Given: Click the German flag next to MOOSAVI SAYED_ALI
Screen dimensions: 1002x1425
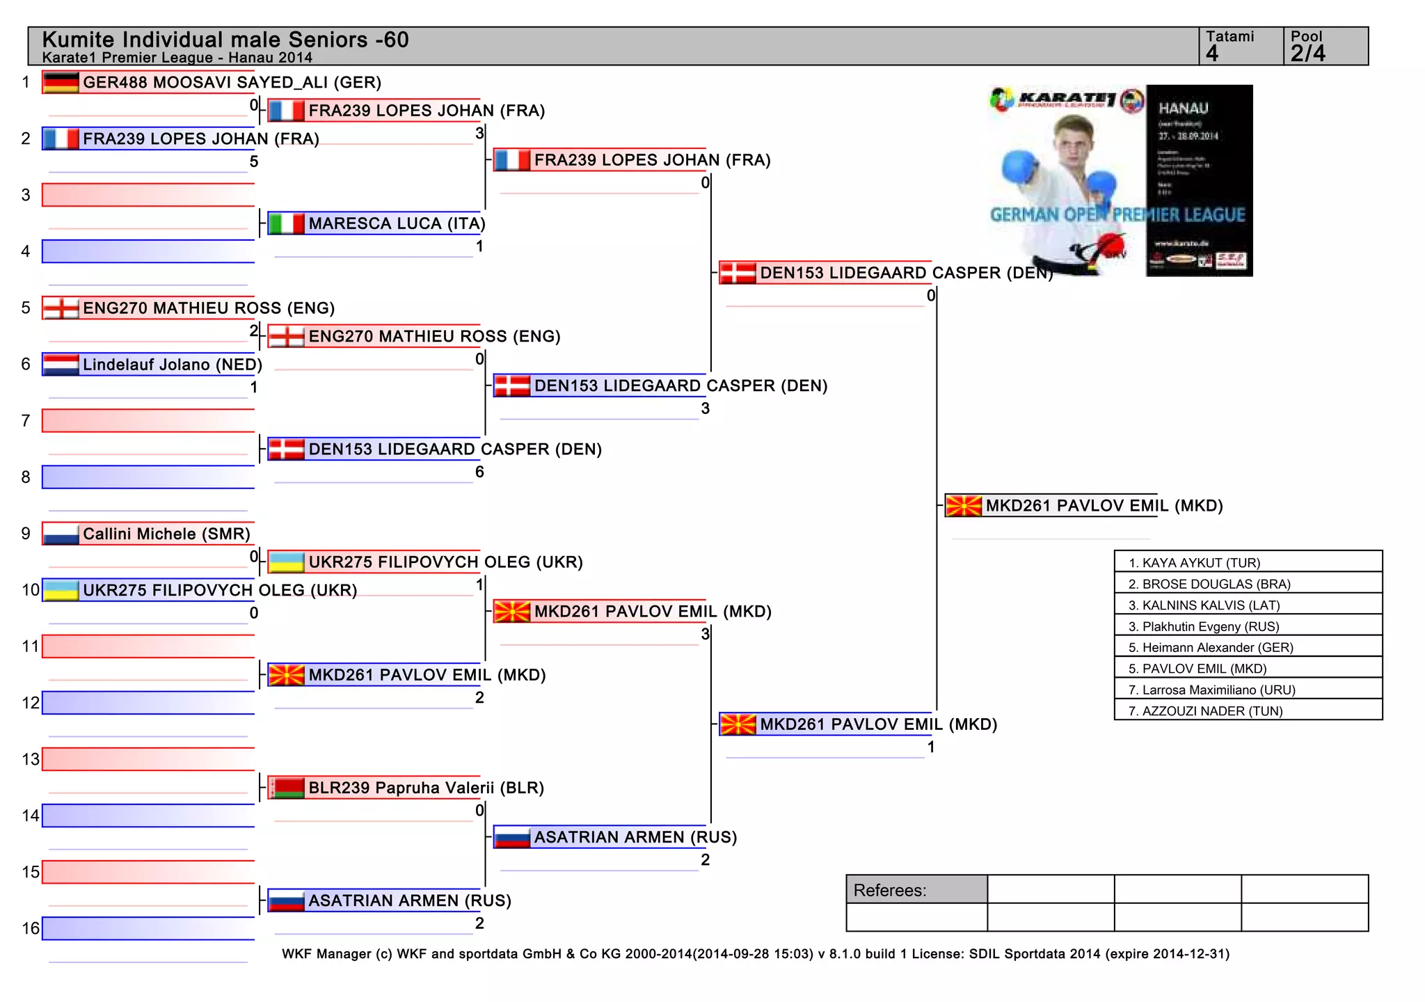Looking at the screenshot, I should tap(61, 82).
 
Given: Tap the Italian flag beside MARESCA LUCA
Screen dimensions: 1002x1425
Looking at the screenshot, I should tap(286, 223).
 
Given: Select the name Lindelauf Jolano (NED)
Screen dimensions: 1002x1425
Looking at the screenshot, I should tap(172, 365).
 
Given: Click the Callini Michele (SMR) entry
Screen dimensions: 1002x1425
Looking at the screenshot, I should tap(166, 534).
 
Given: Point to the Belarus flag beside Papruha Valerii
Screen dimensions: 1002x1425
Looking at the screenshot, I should tap(286, 788).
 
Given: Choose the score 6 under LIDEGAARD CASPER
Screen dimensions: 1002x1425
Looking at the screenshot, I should tap(479, 472).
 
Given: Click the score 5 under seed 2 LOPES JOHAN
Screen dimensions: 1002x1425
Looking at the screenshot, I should tap(254, 161).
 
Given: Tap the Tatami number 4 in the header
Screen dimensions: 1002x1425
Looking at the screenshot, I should tap(1213, 54).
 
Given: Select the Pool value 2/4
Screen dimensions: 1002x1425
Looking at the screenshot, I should tap(1308, 54).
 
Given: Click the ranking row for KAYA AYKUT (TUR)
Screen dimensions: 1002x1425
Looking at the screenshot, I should tap(1248, 562).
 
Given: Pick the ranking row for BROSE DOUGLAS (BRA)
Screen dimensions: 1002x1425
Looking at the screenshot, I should tap(1248, 584).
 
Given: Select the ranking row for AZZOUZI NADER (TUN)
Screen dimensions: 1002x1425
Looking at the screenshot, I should tap(1248, 710).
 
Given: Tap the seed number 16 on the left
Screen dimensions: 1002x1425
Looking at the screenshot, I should tap(31, 928).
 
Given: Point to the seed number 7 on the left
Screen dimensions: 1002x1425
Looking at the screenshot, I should tap(26, 421).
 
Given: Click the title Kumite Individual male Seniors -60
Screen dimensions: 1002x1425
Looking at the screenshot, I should tap(225, 40).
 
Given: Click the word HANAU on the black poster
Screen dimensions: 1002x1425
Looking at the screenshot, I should tap(1183, 109).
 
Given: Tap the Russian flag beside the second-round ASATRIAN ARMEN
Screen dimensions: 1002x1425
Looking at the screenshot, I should tap(511, 837).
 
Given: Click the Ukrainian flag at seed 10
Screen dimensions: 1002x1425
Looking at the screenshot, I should tap(61, 590).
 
